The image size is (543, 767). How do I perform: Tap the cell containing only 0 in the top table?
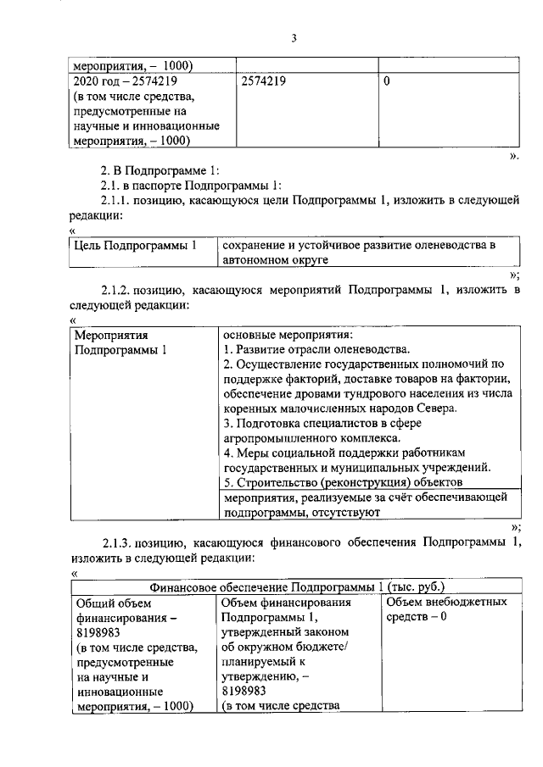[387, 83]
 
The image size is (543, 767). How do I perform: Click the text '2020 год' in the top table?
[95, 83]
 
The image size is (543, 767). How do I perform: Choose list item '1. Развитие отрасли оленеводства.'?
[316, 349]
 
